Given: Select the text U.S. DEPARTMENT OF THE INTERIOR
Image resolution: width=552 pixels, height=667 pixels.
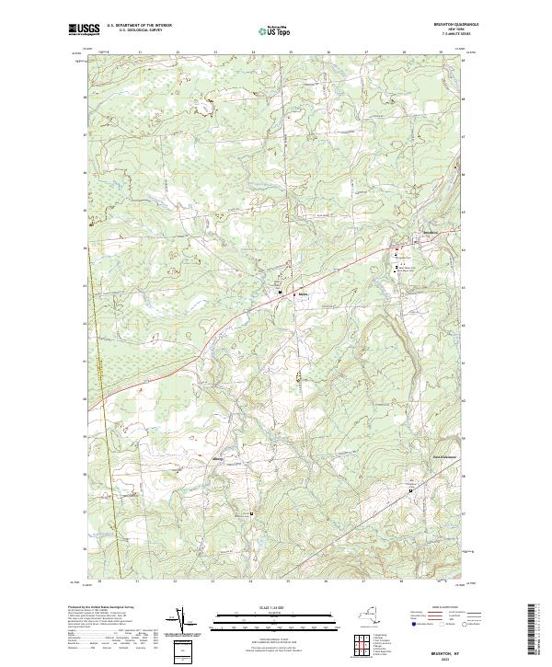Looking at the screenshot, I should pyautogui.click(x=139, y=26).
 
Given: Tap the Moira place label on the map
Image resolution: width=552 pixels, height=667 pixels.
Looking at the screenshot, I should pyautogui.click(x=302, y=296).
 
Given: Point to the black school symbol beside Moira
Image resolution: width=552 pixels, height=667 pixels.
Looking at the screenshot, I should pyautogui.click(x=281, y=293).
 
